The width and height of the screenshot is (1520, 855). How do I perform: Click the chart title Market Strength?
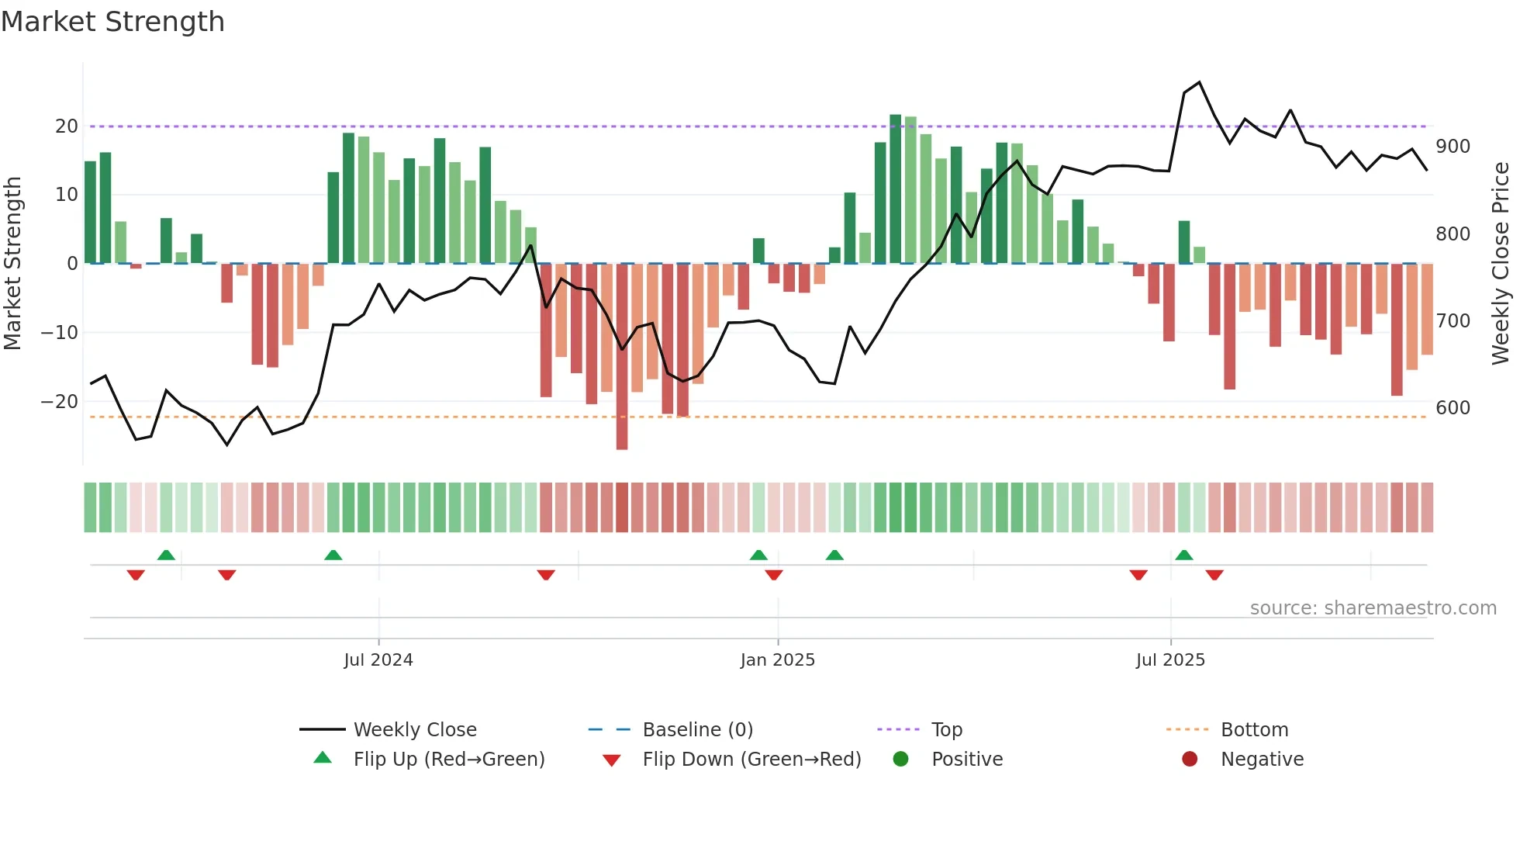(112, 22)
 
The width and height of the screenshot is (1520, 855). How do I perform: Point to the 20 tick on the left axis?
(67, 126)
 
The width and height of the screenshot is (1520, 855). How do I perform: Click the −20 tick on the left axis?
(60, 402)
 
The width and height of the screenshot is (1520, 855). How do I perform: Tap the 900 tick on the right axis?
(1453, 147)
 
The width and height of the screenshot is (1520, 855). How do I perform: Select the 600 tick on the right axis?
(1453, 408)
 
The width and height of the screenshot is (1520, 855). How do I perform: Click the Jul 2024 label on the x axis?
(378, 660)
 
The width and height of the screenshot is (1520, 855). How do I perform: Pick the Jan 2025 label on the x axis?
(778, 660)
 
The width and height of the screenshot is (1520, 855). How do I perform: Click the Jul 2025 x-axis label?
(1170, 660)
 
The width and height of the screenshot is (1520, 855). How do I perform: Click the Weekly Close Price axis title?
(1501, 264)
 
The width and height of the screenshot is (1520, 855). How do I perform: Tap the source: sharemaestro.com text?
(1373, 608)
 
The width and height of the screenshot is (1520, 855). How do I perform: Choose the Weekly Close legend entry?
(415, 730)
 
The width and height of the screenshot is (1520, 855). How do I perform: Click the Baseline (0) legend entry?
(697, 730)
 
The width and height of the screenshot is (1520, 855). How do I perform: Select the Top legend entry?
(946, 730)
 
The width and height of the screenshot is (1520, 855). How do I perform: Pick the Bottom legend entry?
(1254, 730)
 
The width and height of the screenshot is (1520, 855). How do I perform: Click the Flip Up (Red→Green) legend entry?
(448, 760)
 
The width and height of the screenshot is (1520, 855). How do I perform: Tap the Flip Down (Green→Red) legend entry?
(751, 760)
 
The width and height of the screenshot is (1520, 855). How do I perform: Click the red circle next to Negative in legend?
(1190, 760)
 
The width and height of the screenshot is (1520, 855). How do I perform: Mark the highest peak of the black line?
(1200, 82)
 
